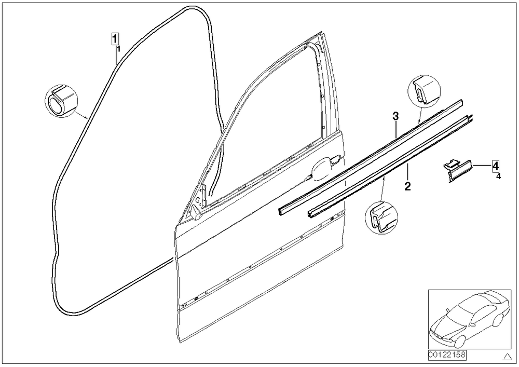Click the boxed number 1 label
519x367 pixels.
pos(115,39)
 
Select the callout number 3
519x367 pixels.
pos(395,116)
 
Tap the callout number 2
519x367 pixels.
pos(407,186)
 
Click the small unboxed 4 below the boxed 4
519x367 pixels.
pos(498,176)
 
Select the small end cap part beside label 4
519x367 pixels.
pos(458,170)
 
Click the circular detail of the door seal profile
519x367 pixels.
pos(61,101)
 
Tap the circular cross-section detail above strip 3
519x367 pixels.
pos(425,91)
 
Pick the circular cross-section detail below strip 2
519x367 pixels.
pos(381,218)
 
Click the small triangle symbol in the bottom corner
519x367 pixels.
pos(507,357)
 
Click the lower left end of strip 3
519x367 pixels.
pos(280,211)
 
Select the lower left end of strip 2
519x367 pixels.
pos(311,214)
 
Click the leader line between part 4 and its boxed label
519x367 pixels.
pos(482,165)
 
